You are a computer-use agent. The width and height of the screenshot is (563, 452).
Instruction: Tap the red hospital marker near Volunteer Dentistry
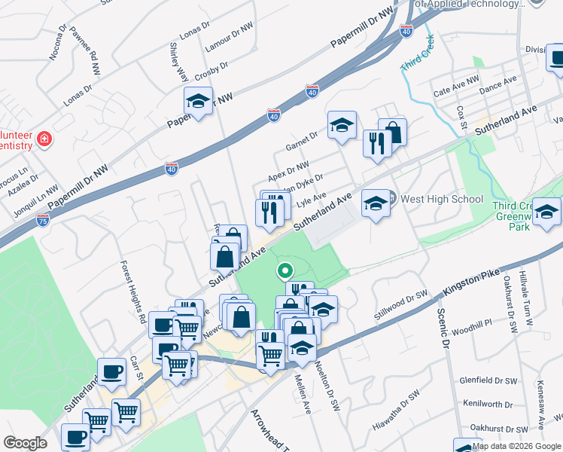[x=44, y=139]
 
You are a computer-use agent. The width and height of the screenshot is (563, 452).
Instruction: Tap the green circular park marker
[x=285, y=270]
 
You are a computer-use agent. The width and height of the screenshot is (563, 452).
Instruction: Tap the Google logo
[x=25, y=442]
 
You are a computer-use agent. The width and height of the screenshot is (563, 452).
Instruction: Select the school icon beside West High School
[x=376, y=203]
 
